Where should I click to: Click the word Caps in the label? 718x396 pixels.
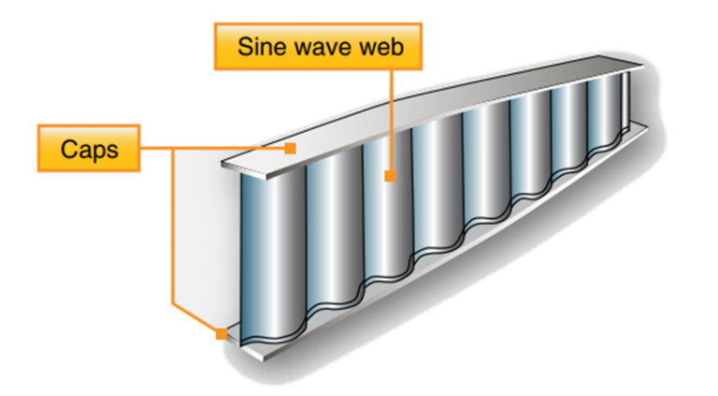[89, 149]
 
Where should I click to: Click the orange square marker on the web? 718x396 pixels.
[387, 175]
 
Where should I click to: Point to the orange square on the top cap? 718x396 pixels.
[292, 148]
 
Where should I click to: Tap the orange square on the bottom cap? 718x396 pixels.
[222, 333]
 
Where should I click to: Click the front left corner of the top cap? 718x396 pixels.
[222, 167]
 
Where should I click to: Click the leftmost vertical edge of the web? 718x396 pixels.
[242, 253]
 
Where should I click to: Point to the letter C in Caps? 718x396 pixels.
[67, 149]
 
